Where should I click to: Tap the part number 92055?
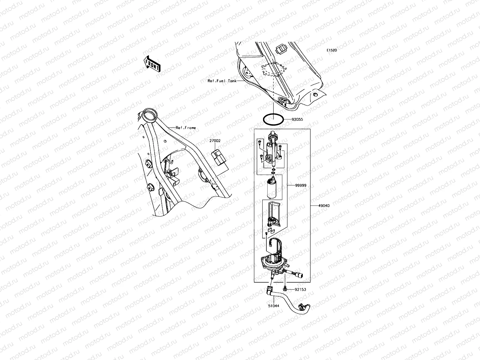tap(297, 119)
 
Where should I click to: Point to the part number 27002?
tap(215, 140)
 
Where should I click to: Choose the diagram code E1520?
tap(332, 50)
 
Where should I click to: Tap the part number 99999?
tap(295, 185)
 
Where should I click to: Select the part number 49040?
tap(324, 206)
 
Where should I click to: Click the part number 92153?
tap(300, 290)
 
